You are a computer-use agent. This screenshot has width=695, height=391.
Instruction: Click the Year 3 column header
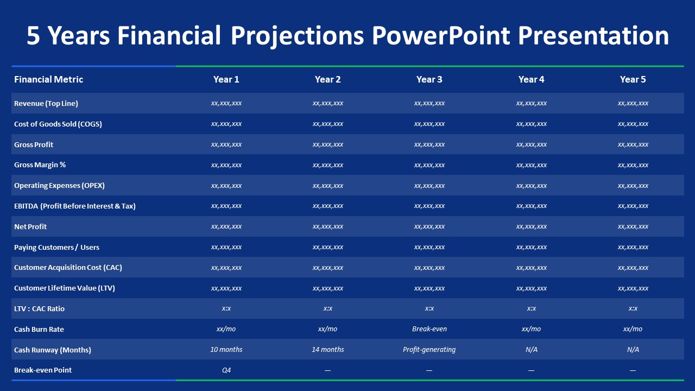(429, 79)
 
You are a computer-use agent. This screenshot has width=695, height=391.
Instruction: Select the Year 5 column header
(633, 79)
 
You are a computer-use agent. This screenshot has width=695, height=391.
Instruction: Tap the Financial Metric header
(49, 79)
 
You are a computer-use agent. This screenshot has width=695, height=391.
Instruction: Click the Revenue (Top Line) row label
(46, 103)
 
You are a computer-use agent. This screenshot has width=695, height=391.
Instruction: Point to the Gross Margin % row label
(40, 165)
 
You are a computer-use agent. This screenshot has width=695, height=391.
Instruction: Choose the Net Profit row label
(30, 226)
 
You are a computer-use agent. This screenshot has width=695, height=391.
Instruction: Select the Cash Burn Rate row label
(39, 329)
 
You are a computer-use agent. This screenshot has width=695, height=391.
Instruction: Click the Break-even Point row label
(43, 370)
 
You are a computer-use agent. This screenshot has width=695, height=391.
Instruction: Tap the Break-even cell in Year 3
(429, 329)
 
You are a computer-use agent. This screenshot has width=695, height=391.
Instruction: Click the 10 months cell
(226, 350)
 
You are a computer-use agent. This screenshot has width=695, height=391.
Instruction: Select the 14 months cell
(327, 350)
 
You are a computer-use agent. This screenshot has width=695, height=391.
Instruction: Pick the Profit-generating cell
(429, 350)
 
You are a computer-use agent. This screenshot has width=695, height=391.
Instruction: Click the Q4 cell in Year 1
(226, 370)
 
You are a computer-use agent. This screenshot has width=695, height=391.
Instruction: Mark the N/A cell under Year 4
(531, 350)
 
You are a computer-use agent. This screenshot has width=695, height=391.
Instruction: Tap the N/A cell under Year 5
(633, 350)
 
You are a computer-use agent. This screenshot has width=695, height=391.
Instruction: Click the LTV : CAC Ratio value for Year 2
(327, 308)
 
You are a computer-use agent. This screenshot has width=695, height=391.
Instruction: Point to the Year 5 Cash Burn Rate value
(633, 329)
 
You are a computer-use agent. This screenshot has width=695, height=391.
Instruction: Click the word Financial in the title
(169, 36)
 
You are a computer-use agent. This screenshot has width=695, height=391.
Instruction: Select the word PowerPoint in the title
(441, 36)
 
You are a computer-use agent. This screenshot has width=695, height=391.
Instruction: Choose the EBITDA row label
(75, 206)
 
